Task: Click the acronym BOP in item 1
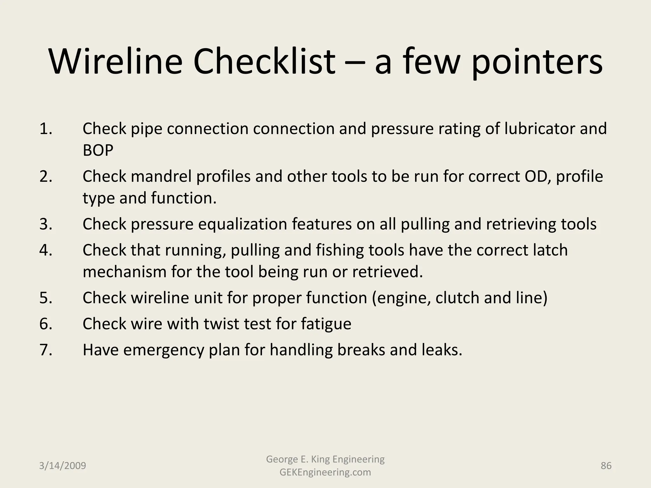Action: pos(98,150)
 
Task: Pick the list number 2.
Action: pos(46,176)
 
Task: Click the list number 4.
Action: pos(46,250)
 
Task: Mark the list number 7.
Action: pos(46,350)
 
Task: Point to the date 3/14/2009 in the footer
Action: pos(63,466)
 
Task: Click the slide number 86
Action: pos(606,466)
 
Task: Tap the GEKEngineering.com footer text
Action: pos(325,472)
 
